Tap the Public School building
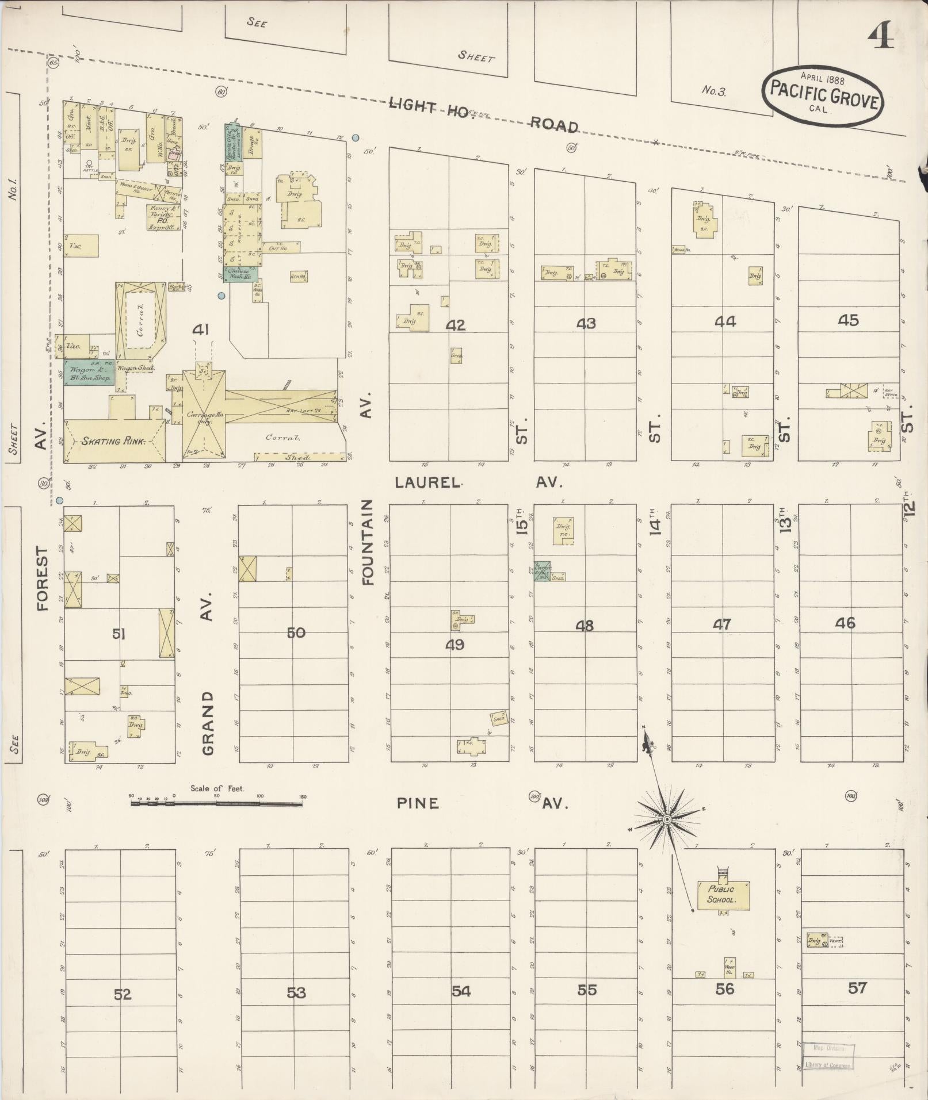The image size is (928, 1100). (x=723, y=894)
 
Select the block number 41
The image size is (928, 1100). (x=201, y=330)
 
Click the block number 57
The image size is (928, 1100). (x=857, y=988)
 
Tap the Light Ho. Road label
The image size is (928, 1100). (x=483, y=114)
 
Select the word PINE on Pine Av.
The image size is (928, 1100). (x=418, y=803)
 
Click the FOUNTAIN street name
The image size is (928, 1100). (x=368, y=542)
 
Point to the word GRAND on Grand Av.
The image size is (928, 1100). (x=208, y=723)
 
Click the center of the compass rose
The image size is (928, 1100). (x=666, y=819)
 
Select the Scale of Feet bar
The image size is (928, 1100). (x=217, y=804)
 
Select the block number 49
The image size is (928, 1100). (x=455, y=645)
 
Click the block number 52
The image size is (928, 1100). (x=123, y=994)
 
